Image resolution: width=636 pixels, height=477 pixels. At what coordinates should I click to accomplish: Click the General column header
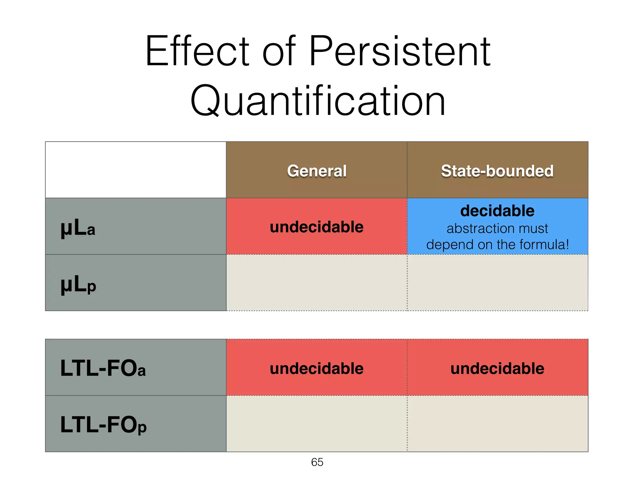click(316, 171)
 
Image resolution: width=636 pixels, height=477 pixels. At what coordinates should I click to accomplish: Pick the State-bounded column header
click(497, 171)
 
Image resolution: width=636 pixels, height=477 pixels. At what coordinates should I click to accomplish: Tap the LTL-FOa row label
click(103, 368)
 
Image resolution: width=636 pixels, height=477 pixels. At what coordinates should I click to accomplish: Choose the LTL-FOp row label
click(103, 425)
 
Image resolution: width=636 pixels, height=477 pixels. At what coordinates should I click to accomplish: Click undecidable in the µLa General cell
click(316, 227)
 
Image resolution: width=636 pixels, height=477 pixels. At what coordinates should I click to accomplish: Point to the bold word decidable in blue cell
click(497, 211)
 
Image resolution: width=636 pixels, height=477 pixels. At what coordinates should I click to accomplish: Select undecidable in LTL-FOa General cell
click(316, 369)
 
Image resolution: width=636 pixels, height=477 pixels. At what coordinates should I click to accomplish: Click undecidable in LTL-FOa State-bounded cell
click(497, 369)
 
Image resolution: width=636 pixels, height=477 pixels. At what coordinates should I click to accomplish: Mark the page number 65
click(317, 462)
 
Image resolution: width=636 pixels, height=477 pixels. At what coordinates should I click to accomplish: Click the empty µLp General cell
click(316, 283)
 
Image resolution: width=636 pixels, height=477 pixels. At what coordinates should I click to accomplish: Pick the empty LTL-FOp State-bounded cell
click(497, 424)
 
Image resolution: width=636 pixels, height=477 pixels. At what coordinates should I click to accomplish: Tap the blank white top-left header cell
click(136, 170)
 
